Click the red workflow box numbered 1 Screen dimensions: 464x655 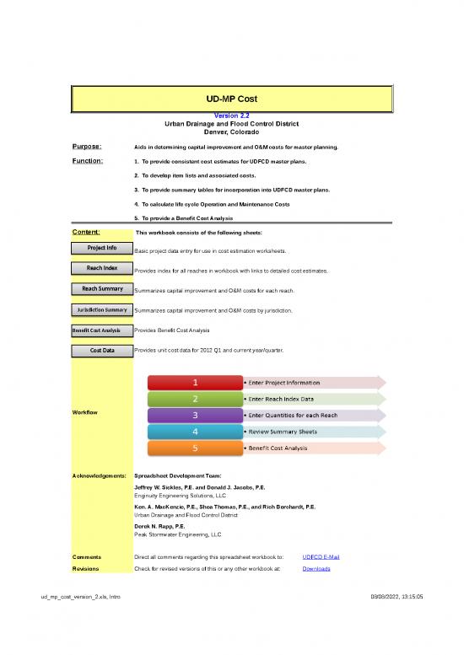pos(196,383)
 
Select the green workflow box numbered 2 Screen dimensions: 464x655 pos(196,399)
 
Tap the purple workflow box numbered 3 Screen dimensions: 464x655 pos(196,416)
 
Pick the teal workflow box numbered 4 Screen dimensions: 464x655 pos(196,432)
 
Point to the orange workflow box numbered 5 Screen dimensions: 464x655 pos(196,448)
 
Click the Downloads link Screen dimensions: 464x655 pos(316,569)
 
